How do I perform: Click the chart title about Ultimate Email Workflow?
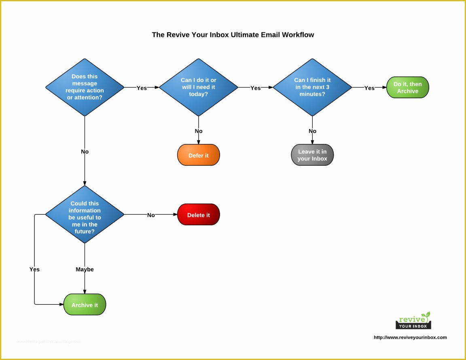(x=233, y=35)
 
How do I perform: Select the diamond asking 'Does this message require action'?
(x=85, y=87)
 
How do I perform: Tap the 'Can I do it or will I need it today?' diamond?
(x=198, y=87)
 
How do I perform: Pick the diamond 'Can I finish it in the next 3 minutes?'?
(x=312, y=87)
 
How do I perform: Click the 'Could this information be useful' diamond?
(x=85, y=214)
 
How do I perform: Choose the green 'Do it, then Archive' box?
(x=407, y=88)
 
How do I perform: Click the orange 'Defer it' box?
(x=198, y=155)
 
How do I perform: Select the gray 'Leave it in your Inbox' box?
(x=312, y=155)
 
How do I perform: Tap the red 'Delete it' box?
(x=198, y=215)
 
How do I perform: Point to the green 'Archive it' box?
(x=85, y=305)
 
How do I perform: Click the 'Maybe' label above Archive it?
(x=85, y=269)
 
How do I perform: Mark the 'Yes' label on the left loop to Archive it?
(x=34, y=269)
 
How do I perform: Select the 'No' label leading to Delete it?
(x=151, y=215)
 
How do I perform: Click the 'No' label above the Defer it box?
(x=198, y=131)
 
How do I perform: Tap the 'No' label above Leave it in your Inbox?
(x=312, y=131)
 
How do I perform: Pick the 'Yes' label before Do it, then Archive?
(x=369, y=88)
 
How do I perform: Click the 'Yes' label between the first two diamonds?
(x=142, y=88)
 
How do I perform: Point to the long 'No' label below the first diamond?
(x=85, y=152)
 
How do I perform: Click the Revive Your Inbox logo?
(x=413, y=320)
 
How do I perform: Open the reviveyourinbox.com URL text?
(x=410, y=337)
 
